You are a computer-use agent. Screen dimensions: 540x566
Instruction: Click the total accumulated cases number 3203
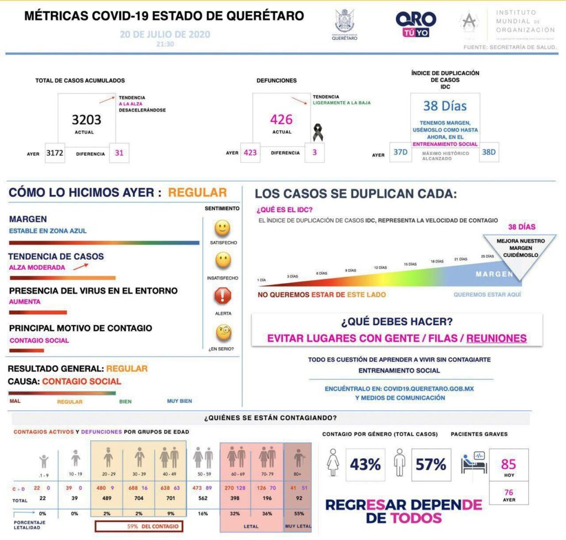coord(87,119)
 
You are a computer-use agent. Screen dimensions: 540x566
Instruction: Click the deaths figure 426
coord(281,119)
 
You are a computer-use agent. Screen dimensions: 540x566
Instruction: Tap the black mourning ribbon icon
coord(317,133)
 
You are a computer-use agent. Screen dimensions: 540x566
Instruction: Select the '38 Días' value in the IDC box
coord(445,106)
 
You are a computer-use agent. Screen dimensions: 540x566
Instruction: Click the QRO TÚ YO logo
coord(416,24)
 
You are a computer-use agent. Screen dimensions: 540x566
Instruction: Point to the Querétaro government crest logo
coord(344,23)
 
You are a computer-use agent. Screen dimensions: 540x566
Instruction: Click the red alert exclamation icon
coord(223,296)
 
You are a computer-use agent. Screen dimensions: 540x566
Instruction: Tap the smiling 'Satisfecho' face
coord(223,228)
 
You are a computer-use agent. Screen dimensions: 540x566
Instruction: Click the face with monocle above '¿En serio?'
coord(223,332)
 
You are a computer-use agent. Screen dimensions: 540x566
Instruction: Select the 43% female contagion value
coord(366,464)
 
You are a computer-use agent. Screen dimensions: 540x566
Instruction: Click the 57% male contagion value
coord(431,464)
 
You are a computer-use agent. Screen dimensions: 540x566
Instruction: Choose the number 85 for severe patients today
coord(508,464)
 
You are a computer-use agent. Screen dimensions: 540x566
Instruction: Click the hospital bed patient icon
coord(475,463)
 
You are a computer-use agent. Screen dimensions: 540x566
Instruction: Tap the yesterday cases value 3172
coord(55,153)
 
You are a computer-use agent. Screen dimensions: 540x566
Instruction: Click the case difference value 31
coord(119,153)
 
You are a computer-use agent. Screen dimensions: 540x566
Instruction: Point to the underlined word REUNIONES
coord(496,338)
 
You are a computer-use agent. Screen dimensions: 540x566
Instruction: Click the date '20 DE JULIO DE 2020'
coord(165,34)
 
